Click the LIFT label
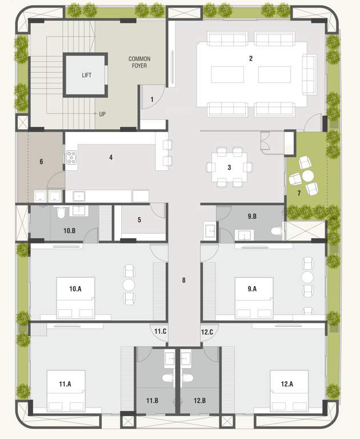(86, 75)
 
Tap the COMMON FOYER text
(139, 62)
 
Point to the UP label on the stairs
(102, 114)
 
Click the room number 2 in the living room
(250, 58)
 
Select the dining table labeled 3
(229, 167)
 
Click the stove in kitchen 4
(72, 157)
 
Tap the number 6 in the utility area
(41, 162)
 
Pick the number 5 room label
(139, 219)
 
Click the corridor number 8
(183, 280)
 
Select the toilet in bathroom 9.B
(277, 233)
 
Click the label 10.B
(70, 230)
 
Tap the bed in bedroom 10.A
(75, 298)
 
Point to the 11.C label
(161, 332)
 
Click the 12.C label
(207, 332)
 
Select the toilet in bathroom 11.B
(167, 378)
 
